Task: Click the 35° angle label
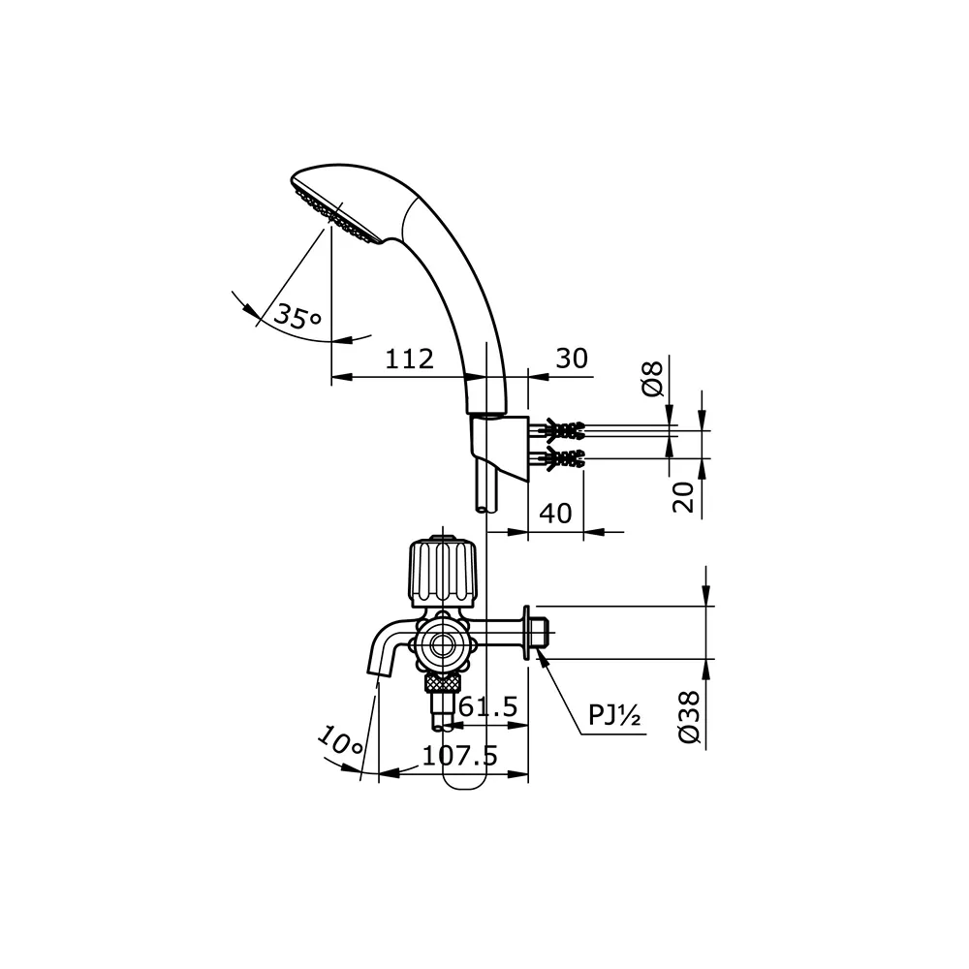[296, 316]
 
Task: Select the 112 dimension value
[408, 359]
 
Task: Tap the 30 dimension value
[571, 359]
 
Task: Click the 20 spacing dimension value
[684, 496]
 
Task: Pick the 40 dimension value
[554, 513]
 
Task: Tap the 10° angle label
[340, 743]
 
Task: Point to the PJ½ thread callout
[615, 716]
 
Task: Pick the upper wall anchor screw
[562, 428]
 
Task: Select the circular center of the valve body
[443, 643]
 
